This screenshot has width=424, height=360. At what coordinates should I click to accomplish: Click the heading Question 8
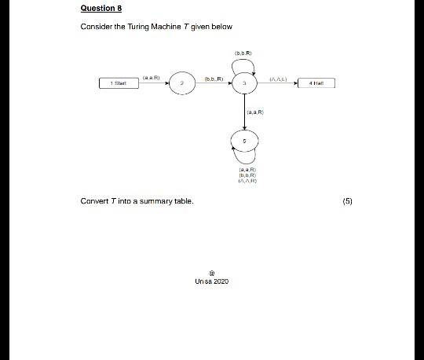point(101,8)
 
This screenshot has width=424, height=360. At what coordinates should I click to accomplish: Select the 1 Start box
point(119,83)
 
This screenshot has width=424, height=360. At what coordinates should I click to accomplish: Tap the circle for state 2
point(181,83)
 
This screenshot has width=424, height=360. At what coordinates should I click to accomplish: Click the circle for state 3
point(244,83)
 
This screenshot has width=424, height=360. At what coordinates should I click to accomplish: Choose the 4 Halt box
point(316,83)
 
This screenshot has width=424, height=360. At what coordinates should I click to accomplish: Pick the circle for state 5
point(244,141)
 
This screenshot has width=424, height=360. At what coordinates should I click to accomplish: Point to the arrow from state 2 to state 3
point(214,83)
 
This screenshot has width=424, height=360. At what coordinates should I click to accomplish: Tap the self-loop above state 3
point(244,63)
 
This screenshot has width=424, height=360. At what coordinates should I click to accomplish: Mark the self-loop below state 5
point(244,160)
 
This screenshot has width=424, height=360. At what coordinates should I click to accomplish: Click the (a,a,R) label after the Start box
point(152,78)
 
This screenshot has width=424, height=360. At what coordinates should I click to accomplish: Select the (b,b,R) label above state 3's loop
point(243,53)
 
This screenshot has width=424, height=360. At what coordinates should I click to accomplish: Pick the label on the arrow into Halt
point(278,78)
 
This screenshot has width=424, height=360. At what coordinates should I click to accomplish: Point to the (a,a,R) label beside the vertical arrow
point(255,112)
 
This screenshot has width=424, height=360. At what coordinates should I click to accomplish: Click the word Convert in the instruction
point(94,201)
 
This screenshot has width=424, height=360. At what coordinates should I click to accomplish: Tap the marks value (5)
point(348,201)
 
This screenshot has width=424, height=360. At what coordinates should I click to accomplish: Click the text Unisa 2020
point(212,281)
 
